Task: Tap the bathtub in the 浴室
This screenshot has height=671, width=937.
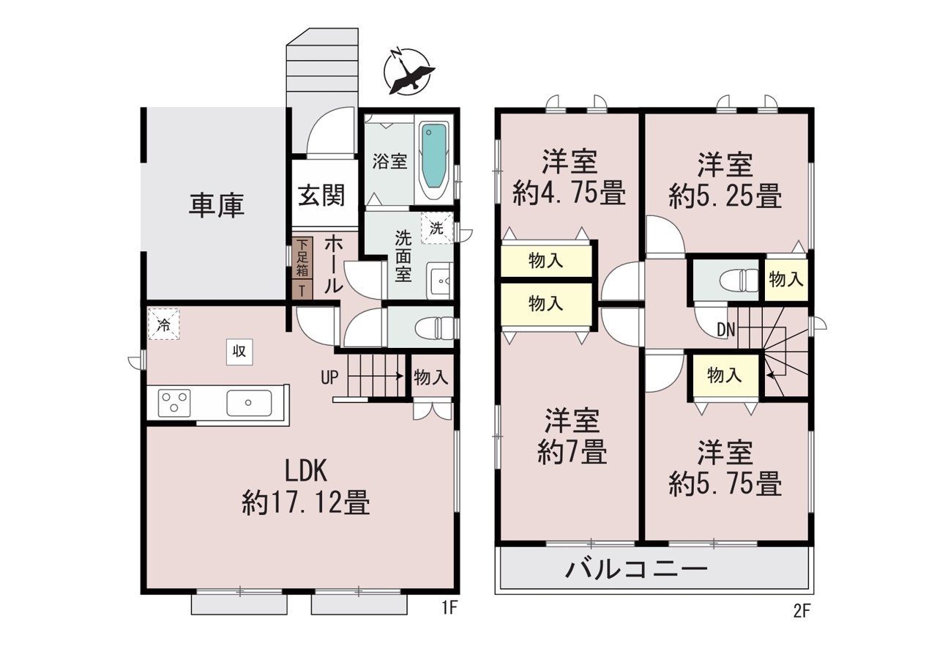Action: pos(434,160)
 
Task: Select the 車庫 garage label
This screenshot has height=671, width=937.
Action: pos(217,206)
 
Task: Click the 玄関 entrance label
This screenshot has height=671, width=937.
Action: pos(321,195)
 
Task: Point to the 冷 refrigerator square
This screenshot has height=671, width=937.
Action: pos(163,324)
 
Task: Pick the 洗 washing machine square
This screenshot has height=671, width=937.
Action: pos(437,228)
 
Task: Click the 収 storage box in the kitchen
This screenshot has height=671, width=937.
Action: pos(239,352)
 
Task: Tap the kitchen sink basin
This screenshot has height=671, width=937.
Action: pos(249,403)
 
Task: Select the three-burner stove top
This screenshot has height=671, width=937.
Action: pos(174,403)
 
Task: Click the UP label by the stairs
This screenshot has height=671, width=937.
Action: pos(329,377)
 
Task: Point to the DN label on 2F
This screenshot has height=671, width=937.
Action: pos(725,330)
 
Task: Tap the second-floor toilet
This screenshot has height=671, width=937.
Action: pos(739,280)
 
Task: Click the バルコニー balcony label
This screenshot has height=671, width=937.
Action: pos(636,570)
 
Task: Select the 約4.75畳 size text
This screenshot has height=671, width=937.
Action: pos(569,193)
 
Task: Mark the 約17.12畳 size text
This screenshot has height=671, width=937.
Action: pos(306,503)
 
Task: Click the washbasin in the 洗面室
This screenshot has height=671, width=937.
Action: pos(440,281)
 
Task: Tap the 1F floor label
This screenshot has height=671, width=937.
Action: pos(449,608)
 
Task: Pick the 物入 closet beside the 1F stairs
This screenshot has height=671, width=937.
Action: pos(431,377)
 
